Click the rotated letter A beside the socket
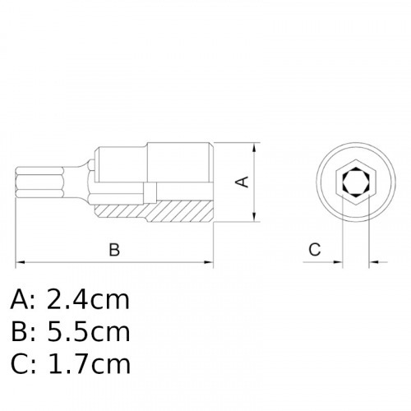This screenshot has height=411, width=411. tap(242, 181)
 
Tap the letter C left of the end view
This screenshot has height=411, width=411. tap(314, 249)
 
